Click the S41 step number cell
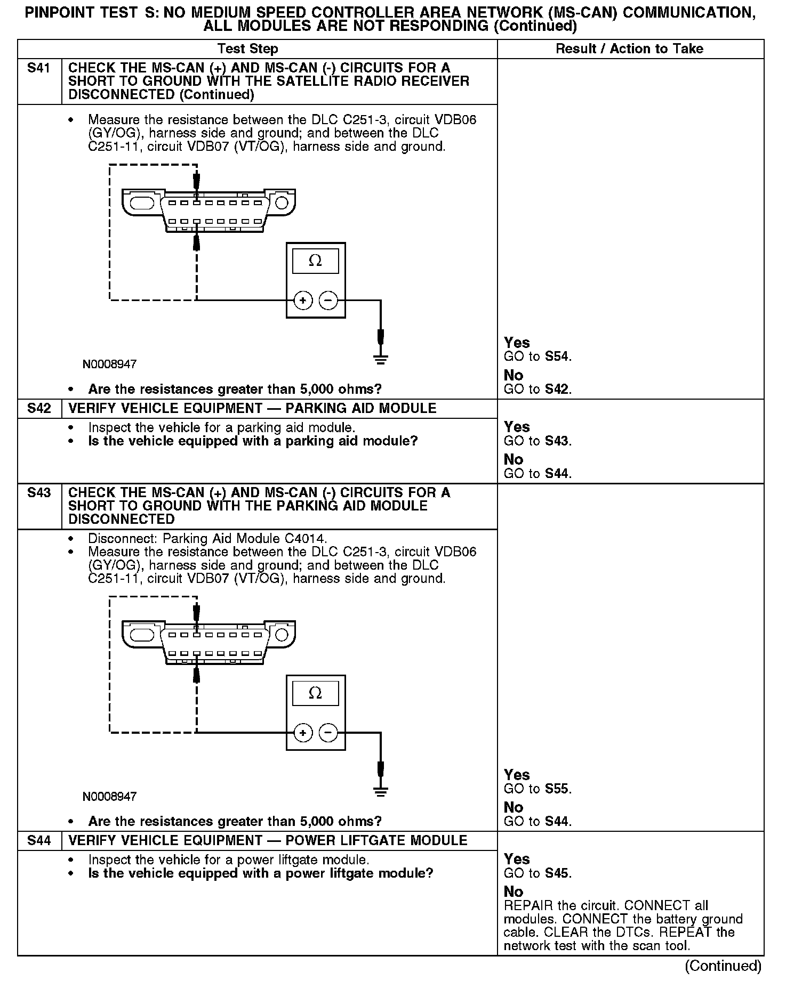(39, 68)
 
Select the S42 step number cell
(39, 409)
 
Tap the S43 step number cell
(39, 493)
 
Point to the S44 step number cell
(39, 841)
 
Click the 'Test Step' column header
(248, 49)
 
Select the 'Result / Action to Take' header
(629, 49)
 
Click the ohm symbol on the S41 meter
(315, 261)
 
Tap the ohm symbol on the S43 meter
(315, 693)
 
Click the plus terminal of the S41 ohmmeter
(303, 301)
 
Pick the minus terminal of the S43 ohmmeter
(328, 733)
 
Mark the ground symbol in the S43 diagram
(380, 791)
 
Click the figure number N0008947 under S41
(109, 364)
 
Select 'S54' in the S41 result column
(557, 356)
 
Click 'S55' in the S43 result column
(557, 789)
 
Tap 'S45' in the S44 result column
(557, 873)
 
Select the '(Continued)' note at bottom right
(723, 966)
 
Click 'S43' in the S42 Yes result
(557, 441)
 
